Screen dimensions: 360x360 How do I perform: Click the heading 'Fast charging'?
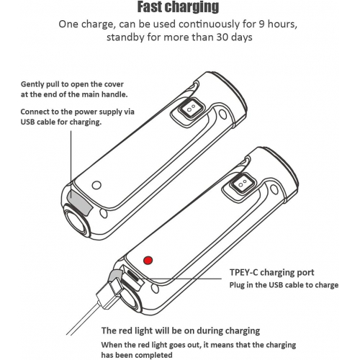point(178,7)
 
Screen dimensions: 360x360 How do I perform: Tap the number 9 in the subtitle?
point(261,24)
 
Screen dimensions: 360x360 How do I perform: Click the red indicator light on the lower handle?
point(148,260)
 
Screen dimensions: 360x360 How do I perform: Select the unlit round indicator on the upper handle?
point(96,185)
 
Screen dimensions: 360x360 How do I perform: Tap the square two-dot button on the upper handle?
point(191,109)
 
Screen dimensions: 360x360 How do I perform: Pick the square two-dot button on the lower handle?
point(243,183)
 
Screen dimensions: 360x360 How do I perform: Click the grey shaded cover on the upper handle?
point(79,200)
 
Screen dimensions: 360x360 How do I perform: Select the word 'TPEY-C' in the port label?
point(243,272)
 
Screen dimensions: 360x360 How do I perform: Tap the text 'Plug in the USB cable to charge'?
point(284,285)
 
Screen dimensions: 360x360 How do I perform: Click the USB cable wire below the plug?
point(83,319)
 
